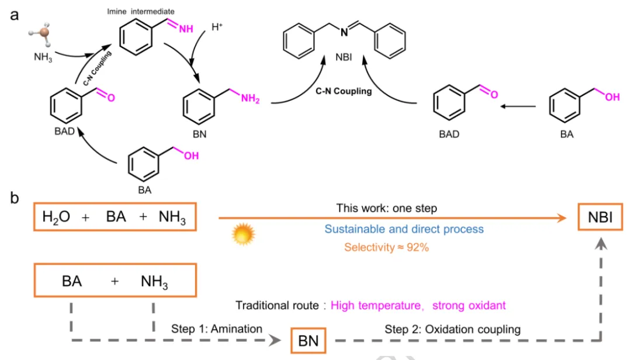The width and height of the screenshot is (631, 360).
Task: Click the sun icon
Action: coord(243,234)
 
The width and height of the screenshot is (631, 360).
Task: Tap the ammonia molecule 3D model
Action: coord(41,34)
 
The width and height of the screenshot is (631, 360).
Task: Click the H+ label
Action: coord(217,27)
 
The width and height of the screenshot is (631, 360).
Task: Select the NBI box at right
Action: coord(600,217)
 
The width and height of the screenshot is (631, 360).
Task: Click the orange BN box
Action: coord(308,341)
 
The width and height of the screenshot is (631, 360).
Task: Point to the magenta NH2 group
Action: coord(250,98)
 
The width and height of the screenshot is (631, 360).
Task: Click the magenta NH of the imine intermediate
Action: coord(186,29)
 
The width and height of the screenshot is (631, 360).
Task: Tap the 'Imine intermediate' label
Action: coord(141,11)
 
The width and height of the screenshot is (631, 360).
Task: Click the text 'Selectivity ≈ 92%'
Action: coord(386,247)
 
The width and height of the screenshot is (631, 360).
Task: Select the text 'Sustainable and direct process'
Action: coord(404,229)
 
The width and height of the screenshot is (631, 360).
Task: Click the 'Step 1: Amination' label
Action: coord(217,328)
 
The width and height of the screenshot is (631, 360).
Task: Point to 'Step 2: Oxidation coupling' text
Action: coord(452,329)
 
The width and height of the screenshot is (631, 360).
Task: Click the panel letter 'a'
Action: coord(15,15)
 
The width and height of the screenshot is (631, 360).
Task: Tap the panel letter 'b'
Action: coord(15,198)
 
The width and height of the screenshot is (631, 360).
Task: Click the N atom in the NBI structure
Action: coord(344,32)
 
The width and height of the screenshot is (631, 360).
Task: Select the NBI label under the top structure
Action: coord(344,57)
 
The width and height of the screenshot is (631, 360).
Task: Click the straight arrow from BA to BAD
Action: coord(518,106)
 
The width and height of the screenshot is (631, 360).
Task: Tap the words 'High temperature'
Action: coord(376,305)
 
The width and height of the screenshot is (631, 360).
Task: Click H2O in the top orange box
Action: coord(56,217)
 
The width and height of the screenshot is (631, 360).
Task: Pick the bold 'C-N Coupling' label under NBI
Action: coord(344,91)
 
